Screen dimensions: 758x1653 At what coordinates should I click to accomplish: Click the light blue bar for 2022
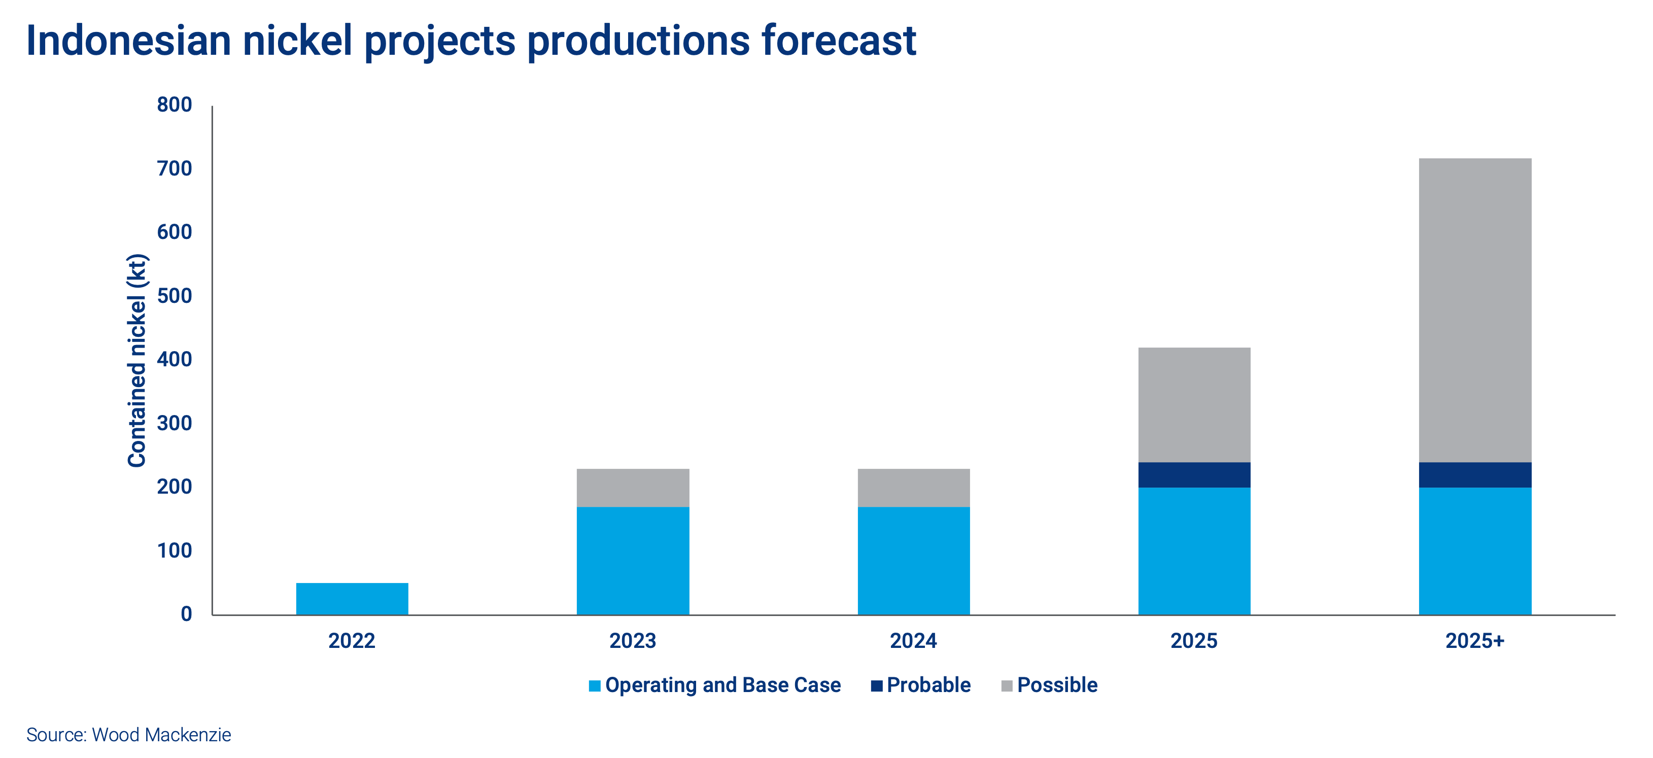tap(352, 598)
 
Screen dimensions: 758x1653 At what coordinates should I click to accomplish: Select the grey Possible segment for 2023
tap(633, 488)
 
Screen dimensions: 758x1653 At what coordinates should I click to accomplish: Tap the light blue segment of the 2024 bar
tap(913, 560)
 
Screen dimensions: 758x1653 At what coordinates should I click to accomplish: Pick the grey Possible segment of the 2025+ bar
tap(1474, 310)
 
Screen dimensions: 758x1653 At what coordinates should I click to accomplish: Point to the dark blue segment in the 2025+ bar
tap(1474, 475)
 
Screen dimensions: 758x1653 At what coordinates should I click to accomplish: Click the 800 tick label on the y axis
tap(174, 105)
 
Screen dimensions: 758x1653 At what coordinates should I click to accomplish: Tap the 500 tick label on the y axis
tap(174, 296)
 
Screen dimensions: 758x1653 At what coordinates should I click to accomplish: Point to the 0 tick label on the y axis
tap(186, 614)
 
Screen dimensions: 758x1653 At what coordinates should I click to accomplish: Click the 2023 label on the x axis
tap(633, 640)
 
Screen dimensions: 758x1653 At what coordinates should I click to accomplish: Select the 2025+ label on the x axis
tap(1474, 640)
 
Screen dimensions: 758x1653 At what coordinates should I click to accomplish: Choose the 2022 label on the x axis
tap(352, 640)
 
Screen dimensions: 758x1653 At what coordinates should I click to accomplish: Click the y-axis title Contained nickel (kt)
tap(137, 361)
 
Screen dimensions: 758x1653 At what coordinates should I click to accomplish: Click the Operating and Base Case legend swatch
tap(594, 685)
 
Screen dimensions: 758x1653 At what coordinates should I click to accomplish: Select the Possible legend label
tap(1057, 685)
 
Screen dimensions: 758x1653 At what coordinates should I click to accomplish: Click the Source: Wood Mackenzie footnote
tap(128, 735)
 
